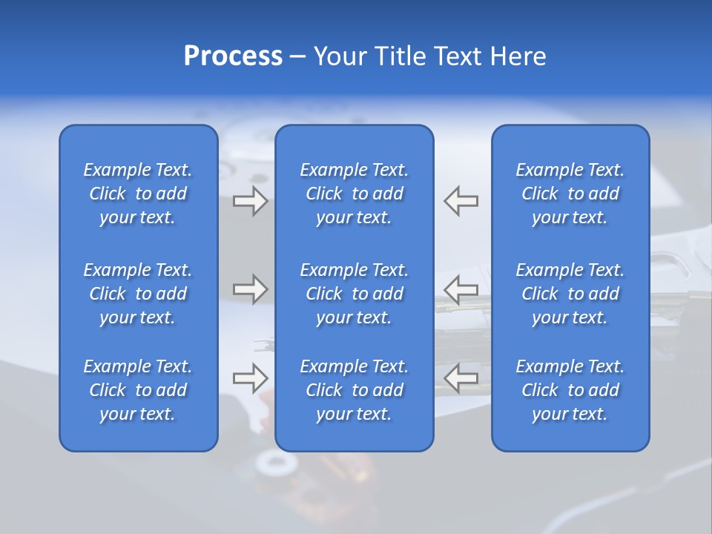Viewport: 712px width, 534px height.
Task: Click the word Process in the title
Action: point(233,56)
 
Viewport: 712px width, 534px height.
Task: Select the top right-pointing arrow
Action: point(251,201)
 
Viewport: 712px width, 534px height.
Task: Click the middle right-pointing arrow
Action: point(251,289)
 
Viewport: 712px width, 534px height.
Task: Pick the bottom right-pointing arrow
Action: point(251,378)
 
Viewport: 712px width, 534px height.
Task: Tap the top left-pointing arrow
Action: point(461,201)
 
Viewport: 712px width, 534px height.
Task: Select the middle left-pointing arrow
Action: point(461,289)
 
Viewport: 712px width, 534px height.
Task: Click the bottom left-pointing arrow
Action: point(461,378)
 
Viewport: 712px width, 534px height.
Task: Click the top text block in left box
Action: point(138,194)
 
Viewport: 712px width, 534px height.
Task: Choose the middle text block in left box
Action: point(138,294)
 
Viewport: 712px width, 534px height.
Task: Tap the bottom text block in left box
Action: point(138,390)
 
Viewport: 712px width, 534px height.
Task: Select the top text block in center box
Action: point(355,194)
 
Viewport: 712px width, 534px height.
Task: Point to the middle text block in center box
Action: point(355,294)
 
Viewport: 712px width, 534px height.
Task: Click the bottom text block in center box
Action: point(355,390)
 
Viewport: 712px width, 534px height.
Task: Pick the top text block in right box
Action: point(570,194)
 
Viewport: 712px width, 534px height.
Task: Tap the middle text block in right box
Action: point(570,294)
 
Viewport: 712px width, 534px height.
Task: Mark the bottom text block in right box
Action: point(570,390)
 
